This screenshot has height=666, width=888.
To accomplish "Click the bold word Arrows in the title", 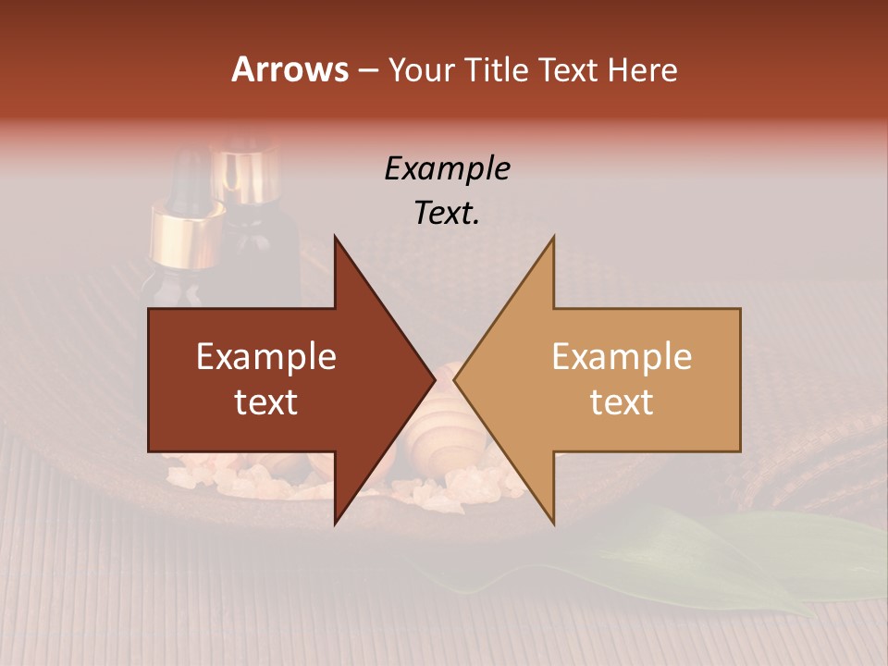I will point(290,69).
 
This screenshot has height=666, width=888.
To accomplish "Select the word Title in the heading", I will point(498,70).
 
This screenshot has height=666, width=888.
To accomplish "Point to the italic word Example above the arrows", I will point(447,168).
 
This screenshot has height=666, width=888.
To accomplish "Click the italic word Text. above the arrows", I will point(447,214).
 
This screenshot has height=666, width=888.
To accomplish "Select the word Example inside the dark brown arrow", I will point(266,357).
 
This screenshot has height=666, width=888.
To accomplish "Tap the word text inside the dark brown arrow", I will point(266,402).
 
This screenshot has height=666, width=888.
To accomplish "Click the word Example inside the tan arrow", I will point(622,357).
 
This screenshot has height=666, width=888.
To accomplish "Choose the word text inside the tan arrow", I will point(622,402).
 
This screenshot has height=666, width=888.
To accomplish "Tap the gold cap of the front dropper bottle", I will point(188,237).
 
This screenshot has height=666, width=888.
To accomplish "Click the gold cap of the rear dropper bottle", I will point(246,176).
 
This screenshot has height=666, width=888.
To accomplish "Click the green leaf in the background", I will point(703,555).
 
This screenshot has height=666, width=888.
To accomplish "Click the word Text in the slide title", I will point(570,70).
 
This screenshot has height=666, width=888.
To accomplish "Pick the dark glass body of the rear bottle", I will point(268,250).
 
